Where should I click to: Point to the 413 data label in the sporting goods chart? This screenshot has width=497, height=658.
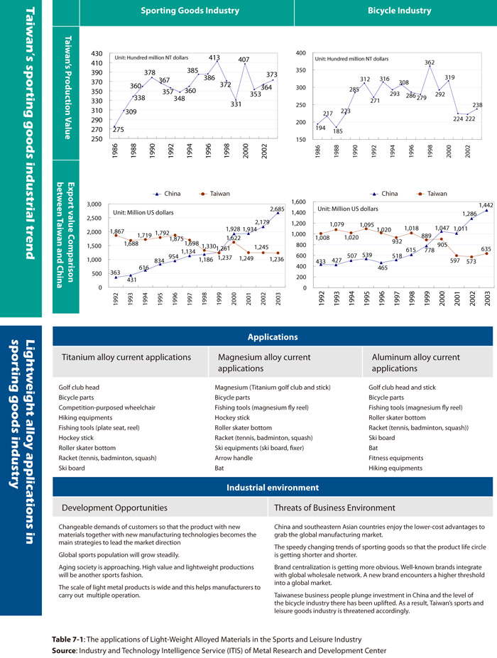214,57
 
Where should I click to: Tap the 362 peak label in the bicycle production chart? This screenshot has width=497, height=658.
430,63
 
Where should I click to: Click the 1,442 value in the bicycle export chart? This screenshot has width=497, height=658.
486,205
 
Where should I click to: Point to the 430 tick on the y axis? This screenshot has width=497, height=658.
97,54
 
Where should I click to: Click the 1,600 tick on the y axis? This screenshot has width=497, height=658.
298,202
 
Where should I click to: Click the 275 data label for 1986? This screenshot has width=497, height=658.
98,129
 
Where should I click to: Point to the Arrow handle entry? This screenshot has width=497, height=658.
234,458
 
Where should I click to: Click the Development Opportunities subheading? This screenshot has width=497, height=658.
115,508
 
